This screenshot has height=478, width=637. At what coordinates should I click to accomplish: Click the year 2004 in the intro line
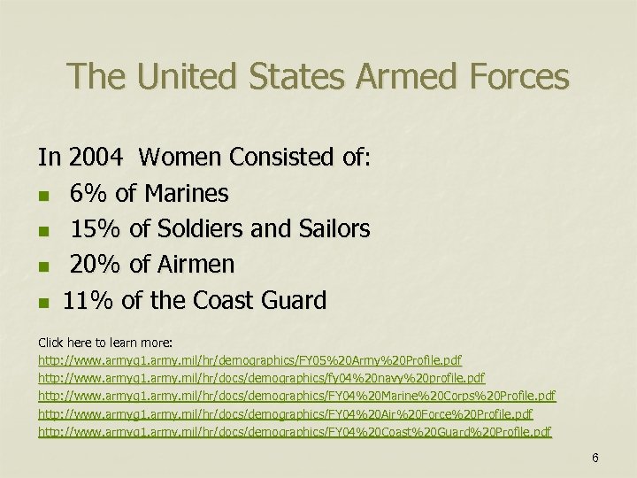(x=96, y=158)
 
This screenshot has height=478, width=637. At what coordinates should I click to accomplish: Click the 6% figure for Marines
(x=87, y=193)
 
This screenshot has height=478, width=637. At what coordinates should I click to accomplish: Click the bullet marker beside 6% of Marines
(x=43, y=195)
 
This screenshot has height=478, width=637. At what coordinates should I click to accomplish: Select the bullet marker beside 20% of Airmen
(x=43, y=266)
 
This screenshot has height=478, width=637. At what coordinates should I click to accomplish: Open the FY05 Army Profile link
(x=249, y=361)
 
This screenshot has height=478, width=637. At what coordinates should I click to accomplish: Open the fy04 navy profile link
(x=261, y=379)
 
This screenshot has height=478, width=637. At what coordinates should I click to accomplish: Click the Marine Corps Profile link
(x=296, y=397)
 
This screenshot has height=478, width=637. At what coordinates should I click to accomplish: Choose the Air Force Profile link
(x=285, y=414)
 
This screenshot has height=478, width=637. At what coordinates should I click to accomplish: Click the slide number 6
(x=595, y=458)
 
